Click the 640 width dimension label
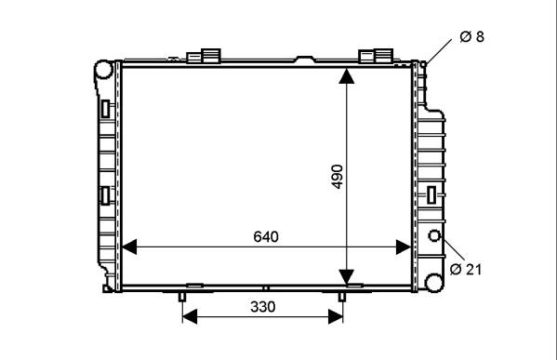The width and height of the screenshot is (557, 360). coord(266,236)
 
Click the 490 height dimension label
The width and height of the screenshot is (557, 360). coord(338,176)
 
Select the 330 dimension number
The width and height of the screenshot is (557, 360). coord(263,306)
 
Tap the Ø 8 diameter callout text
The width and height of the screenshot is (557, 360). coord(471,36)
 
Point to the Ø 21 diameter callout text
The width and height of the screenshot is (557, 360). coord(466,270)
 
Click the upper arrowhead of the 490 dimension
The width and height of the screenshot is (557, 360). coord(346,76)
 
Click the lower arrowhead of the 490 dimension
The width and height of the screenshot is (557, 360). coord(346,277)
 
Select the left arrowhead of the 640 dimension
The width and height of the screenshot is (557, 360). coord(129,247)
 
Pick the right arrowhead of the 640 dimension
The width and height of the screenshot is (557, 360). coord(404,247)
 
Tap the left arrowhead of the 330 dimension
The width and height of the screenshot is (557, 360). coord(190,316)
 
